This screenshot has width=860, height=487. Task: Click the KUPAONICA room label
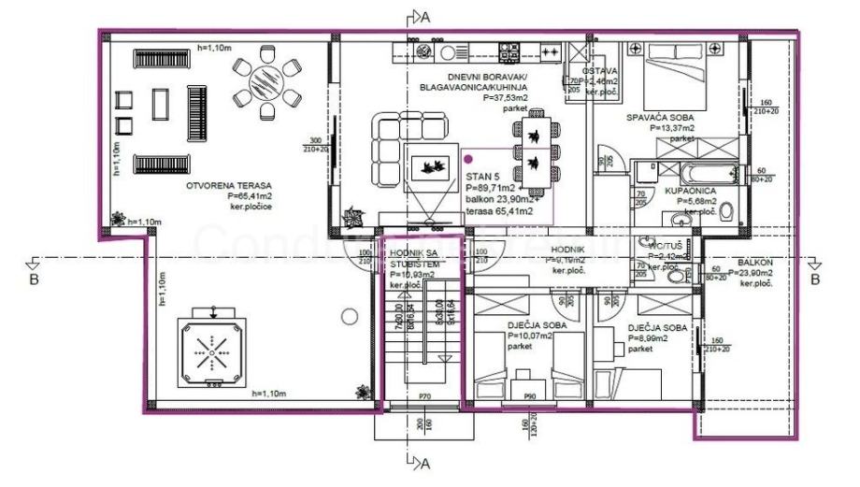[691, 190]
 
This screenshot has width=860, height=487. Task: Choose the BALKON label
[754, 263]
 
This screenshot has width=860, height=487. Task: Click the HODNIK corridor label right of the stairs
[567, 251]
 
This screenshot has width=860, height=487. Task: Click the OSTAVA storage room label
[598, 71]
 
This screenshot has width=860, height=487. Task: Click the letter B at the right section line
[814, 278]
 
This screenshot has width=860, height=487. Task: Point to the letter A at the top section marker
[425, 16]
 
